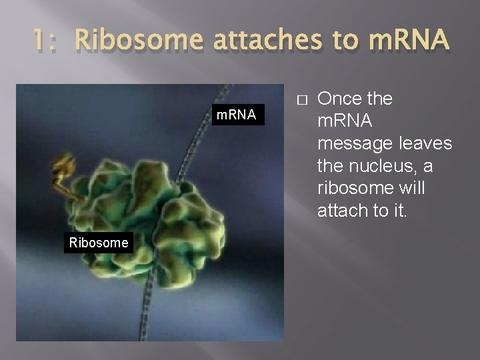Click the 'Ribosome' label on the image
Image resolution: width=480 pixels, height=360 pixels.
tap(99, 243)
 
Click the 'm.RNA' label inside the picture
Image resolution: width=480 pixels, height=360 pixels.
tap(236, 115)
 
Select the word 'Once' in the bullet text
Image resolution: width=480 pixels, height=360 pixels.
tap(339, 99)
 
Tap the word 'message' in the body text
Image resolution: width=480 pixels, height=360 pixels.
tap(355, 143)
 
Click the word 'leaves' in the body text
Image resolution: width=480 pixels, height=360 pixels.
tap(424, 143)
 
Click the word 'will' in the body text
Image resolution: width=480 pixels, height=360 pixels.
tap(409, 188)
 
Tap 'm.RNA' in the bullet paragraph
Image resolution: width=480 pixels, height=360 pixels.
tap(345, 121)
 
